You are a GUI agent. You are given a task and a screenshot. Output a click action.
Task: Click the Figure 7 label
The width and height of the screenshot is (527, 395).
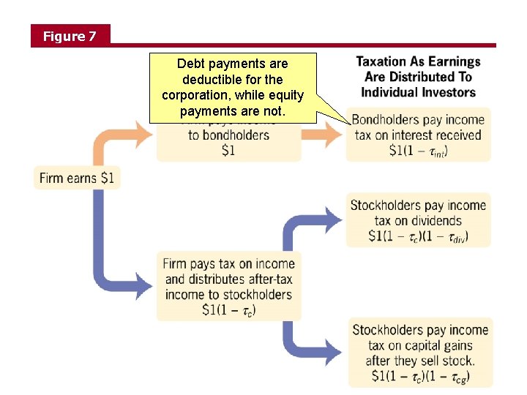click(70, 36)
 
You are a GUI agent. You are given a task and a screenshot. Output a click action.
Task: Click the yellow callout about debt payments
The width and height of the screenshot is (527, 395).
click(233, 87)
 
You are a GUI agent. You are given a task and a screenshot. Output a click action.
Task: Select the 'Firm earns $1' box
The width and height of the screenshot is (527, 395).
click(78, 178)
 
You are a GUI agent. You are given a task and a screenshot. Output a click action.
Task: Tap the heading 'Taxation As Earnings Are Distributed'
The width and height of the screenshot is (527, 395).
click(418, 76)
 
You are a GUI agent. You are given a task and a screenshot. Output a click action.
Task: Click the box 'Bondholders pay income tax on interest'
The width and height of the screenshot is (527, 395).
click(418, 135)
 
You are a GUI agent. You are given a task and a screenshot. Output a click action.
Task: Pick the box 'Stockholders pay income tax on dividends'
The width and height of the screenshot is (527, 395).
click(418, 220)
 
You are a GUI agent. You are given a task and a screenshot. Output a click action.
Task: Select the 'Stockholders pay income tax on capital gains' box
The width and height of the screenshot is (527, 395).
click(419, 353)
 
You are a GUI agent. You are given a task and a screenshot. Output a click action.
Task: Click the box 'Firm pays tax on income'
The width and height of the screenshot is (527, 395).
click(229, 286)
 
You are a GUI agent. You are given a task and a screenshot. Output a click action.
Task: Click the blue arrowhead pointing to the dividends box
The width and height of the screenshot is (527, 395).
click(334, 218)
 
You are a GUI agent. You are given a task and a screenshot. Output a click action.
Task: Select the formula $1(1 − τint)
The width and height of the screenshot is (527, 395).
click(418, 151)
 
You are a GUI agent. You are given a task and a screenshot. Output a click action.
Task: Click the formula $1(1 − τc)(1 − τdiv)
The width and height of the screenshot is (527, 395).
click(418, 236)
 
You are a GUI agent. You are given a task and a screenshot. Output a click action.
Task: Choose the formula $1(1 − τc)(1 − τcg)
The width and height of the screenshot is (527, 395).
click(420, 377)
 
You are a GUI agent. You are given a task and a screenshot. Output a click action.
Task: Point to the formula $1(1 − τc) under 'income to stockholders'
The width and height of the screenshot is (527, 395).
click(229, 309)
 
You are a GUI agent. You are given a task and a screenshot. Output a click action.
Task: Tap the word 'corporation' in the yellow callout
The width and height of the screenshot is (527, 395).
click(195, 95)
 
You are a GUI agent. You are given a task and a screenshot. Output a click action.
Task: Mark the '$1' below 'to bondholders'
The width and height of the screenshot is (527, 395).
click(229, 151)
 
